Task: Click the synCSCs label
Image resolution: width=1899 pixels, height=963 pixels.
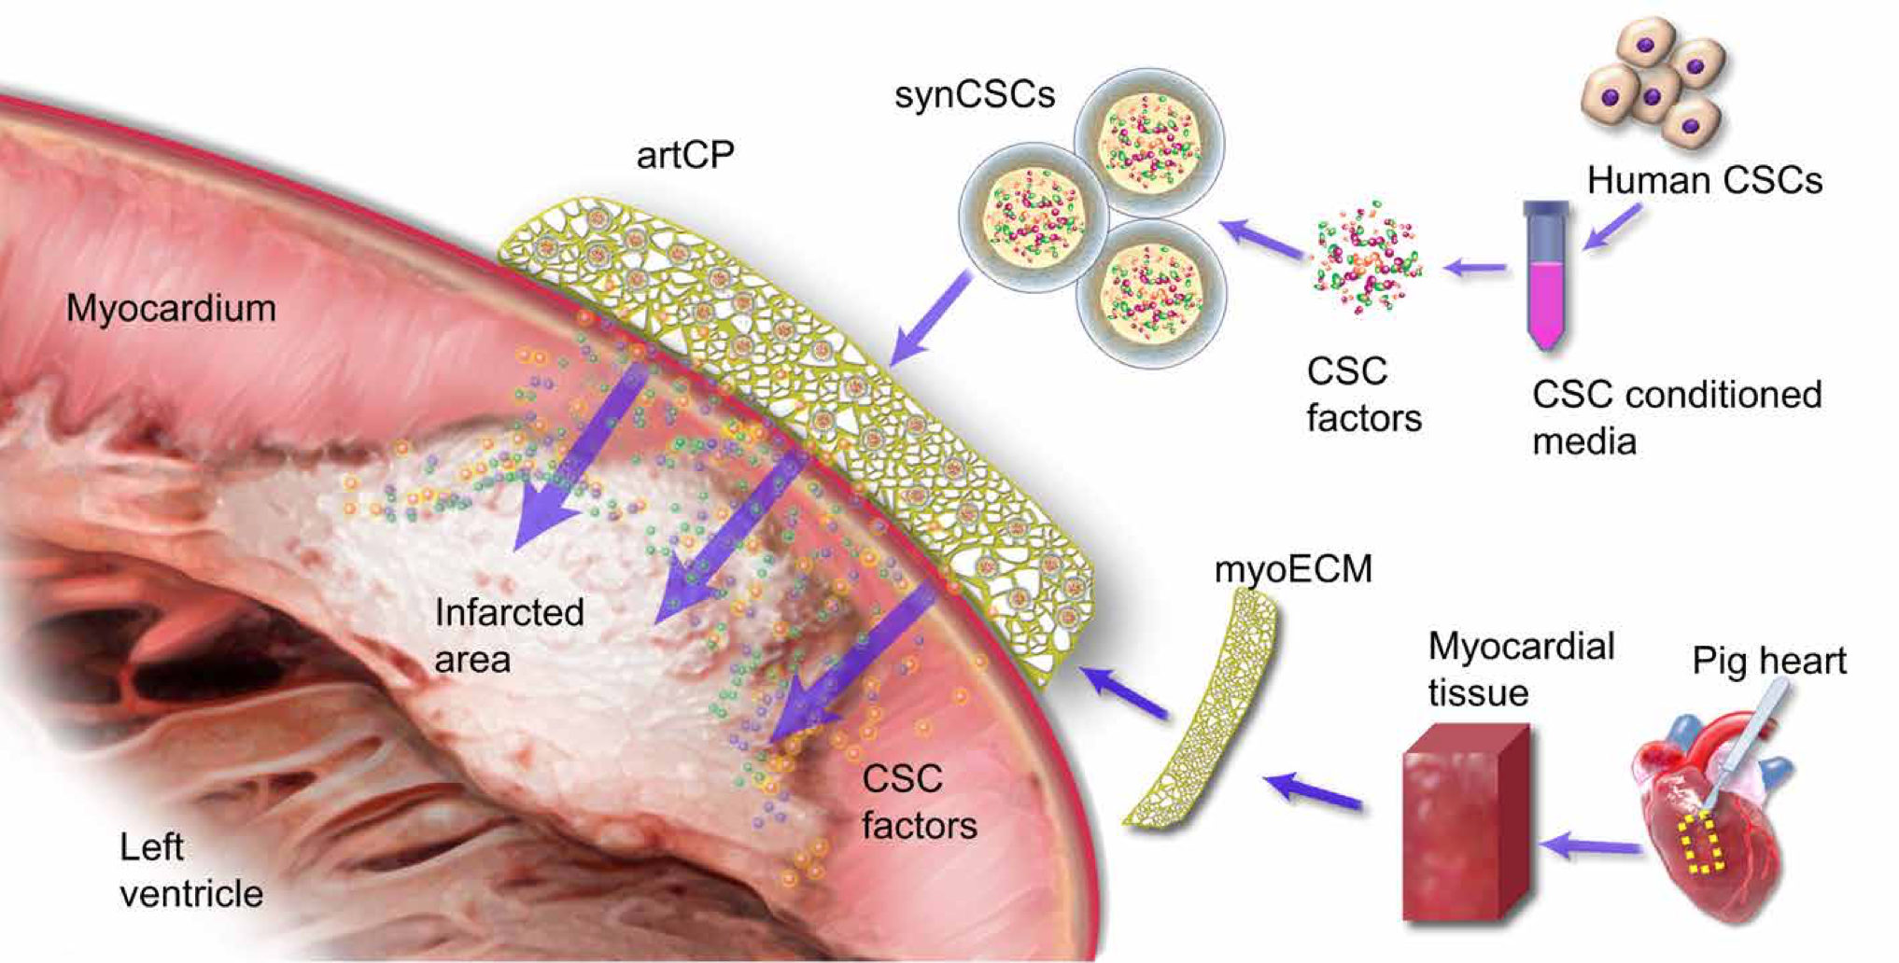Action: click(x=974, y=94)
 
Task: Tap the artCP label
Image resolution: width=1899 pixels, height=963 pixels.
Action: click(x=685, y=155)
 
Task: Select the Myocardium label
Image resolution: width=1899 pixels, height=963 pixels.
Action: click(x=171, y=308)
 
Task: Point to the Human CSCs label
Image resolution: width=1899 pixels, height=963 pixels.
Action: click(x=1704, y=180)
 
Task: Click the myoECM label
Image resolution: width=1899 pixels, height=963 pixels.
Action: click(x=1293, y=568)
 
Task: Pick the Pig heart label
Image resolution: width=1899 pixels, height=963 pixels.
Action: click(x=1768, y=661)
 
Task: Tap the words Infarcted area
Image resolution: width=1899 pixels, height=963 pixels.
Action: click(x=509, y=635)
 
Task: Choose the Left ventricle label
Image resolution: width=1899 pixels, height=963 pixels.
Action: click(x=190, y=871)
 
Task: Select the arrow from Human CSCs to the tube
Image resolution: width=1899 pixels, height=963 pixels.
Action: click(x=1613, y=228)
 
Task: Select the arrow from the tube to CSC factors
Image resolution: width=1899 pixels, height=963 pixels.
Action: click(x=1475, y=269)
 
